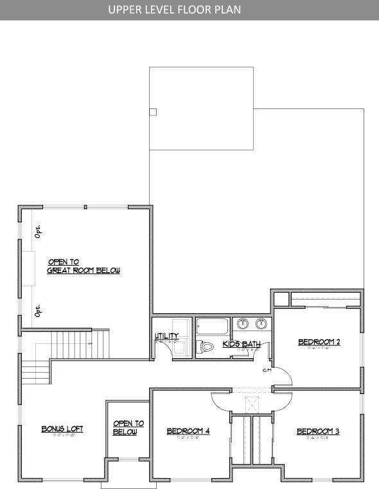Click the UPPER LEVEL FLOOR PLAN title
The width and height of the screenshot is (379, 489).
pyautogui.click(x=174, y=10)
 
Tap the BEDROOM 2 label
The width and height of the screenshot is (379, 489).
pyautogui.click(x=319, y=342)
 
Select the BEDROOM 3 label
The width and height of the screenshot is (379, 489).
pyautogui.click(x=317, y=431)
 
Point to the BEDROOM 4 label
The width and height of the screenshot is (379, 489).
pyautogui.click(x=188, y=431)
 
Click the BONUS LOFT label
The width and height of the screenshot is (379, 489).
pyautogui.click(x=62, y=429)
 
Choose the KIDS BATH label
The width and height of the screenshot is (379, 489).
pyautogui.click(x=241, y=345)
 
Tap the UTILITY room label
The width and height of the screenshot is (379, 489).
pyautogui.click(x=166, y=336)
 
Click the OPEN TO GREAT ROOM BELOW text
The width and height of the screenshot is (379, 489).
pyautogui.click(x=84, y=266)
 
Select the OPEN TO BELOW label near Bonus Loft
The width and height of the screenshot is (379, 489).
pyautogui.click(x=128, y=428)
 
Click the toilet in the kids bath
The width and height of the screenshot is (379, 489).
pyautogui.click(x=206, y=346)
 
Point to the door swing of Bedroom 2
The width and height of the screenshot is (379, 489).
pyautogui.click(x=285, y=379)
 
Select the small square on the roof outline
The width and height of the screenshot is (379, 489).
pyautogui.click(x=152, y=112)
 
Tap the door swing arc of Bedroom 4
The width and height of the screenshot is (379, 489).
pyautogui.click(x=220, y=402)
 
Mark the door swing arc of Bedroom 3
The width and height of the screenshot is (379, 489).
pyautogui.click(x=283, y=402)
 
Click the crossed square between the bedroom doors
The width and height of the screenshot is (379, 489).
pyautogui.click(x=251, y=404)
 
